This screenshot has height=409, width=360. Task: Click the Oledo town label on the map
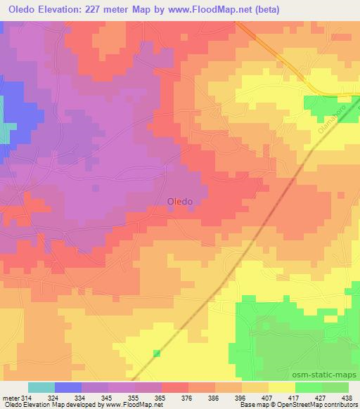[180, 201]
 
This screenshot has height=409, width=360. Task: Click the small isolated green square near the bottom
[157, 353]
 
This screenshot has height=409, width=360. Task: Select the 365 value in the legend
[149, 397]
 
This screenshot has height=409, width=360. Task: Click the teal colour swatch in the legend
[41, 387]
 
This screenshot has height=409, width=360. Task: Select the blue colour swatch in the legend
[68, 387]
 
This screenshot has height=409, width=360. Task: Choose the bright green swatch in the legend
[309, 387]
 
